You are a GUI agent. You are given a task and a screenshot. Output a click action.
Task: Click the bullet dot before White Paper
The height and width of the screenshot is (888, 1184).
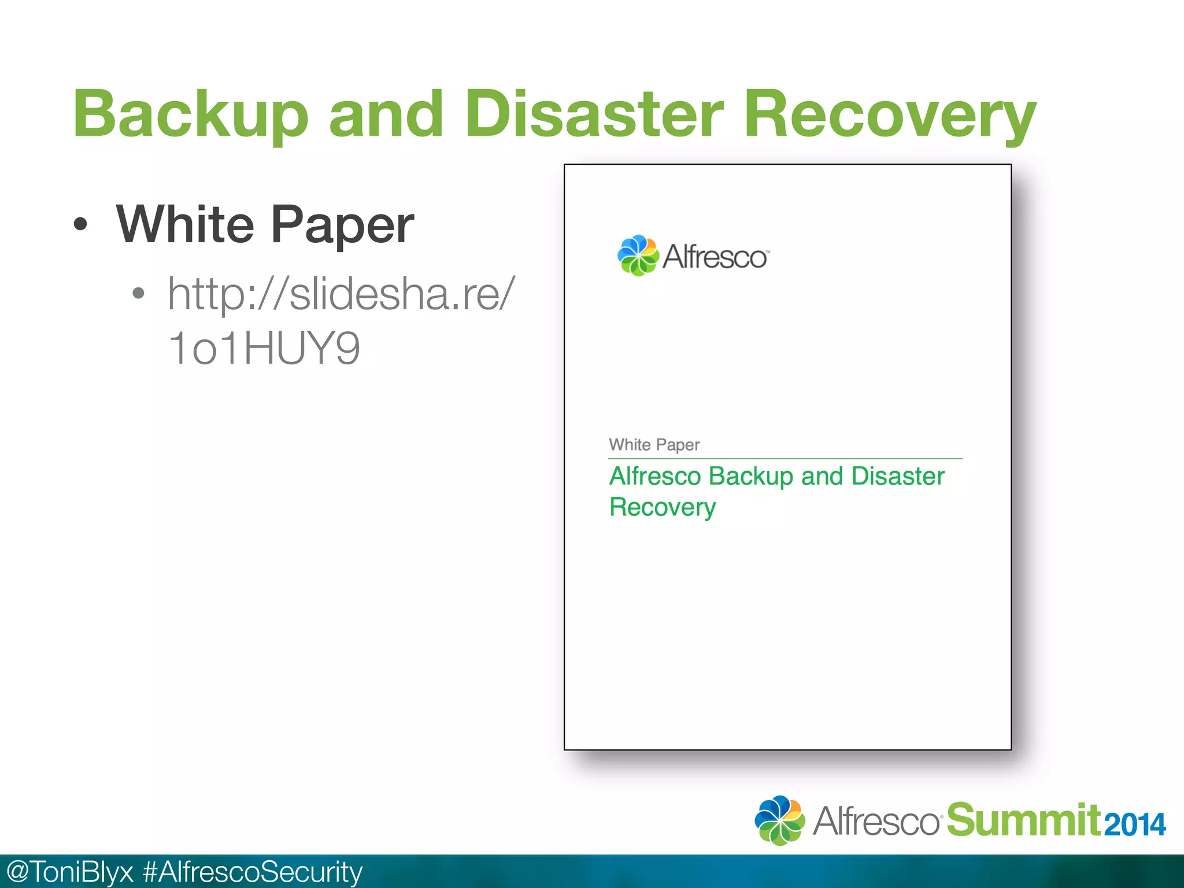pyautogui.click(x=81, y=225)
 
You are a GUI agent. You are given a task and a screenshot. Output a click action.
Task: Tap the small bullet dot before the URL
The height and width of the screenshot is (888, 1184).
pyautogui.click(x=138, y=293)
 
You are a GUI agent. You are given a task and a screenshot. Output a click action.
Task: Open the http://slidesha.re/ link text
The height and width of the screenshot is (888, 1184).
pyautogui.click(x=341, y=294)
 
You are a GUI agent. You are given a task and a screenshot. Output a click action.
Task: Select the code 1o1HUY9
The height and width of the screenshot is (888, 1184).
pyautogui.click(x=264, y=348)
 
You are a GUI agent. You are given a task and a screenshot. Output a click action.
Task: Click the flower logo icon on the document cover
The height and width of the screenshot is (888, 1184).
pyautogui.click(x=638, y=256)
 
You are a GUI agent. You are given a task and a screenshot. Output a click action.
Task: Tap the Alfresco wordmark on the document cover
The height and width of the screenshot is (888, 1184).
pyautogui.click(x=715, y=257)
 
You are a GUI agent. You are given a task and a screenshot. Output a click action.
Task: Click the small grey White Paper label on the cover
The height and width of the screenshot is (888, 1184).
pyautogui.click(x=654, y=445)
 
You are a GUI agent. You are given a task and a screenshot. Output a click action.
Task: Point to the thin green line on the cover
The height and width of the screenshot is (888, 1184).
pyautogui.click(x=785, y=458)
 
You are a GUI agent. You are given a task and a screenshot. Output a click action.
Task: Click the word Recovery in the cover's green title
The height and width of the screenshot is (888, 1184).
pyautogui.click(x=663, y=507)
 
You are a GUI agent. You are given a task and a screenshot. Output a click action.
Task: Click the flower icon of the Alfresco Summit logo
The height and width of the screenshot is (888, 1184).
pyautogui.click(x=780, y=820)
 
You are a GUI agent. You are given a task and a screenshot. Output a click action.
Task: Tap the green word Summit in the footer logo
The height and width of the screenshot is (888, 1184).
pyautogui.click(x=1023, y=820)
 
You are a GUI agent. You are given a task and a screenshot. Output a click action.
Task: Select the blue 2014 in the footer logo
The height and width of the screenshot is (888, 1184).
pyautogui.click(x=1135, y=824)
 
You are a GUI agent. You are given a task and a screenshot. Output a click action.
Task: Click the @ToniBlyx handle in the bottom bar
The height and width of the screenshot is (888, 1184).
pyautogui.click(x=69, y=872)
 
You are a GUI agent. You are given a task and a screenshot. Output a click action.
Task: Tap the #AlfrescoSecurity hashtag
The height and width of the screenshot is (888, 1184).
pyautogui.click(x=253, y=872)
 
